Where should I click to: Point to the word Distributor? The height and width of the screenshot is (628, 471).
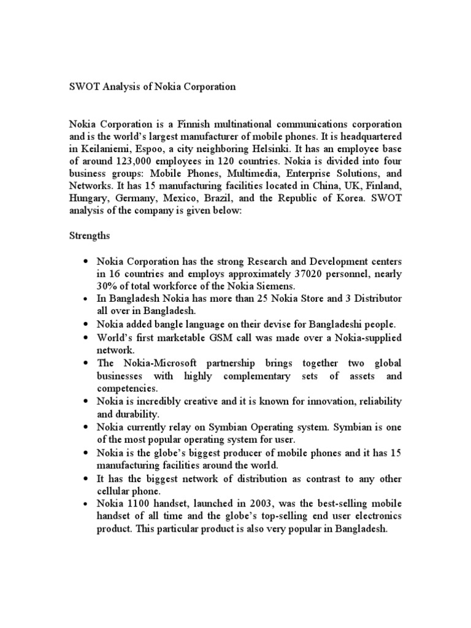375,298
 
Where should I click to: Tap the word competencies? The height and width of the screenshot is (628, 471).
126,388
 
